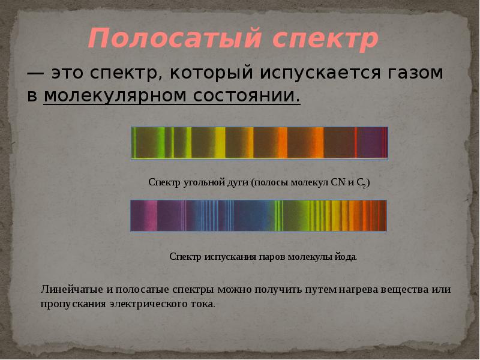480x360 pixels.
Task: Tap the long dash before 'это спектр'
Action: click(35, 74)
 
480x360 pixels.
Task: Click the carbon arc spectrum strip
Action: click(259, 143)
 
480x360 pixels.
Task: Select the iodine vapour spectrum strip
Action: click(259, 215)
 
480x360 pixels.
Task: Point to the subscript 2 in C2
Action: click(364, 186)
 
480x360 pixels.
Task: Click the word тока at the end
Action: click(202, 304)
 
